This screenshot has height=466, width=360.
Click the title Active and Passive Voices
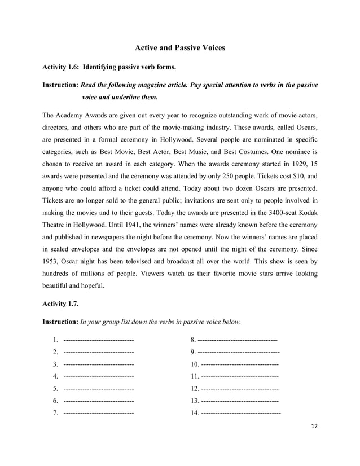[x=180, y=48]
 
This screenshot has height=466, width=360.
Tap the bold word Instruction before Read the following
[x=60, y=85]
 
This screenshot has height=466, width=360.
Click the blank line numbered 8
[x=238, y=340]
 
